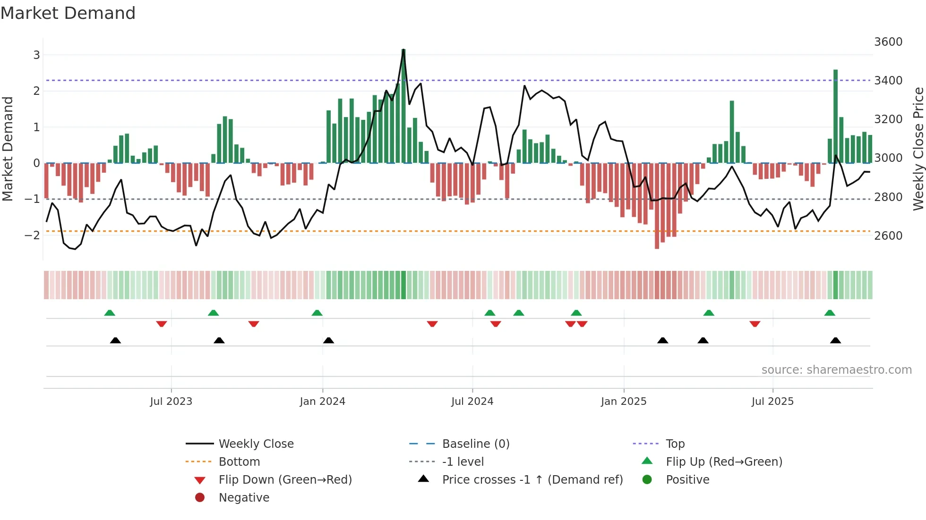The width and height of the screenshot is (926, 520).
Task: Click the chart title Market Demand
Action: click(x=68, y=13)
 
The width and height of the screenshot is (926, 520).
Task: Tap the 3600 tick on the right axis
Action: click(x=888, y=42)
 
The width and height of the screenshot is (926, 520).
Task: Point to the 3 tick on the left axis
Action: click(x=36, y=55)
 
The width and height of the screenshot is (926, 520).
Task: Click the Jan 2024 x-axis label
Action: click(x=322, y=402)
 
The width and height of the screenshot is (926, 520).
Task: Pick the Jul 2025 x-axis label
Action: click(x=772, y=402)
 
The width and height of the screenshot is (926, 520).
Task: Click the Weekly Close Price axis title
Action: click(x=918, y=149)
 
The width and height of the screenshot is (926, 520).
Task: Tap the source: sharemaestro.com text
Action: click(x=836, y=370)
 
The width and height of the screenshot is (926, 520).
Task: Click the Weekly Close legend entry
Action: click(x=256, y=444)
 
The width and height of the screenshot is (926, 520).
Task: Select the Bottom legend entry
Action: click(x=239, y=462)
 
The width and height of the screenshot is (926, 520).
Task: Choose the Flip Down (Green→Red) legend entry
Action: click(x=285, y=480)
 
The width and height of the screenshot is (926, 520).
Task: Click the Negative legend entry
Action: click(x=244, y=498)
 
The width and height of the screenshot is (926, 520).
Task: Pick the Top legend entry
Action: click(x=675, y=444)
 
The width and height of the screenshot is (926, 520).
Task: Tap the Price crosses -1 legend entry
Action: click(x=532, y=480)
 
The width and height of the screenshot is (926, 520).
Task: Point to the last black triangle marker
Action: click(x=835, y=341)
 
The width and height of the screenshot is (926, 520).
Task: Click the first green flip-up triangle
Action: click(x=110, y=313)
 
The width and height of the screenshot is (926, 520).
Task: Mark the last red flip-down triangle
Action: click(x=755, y=324)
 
